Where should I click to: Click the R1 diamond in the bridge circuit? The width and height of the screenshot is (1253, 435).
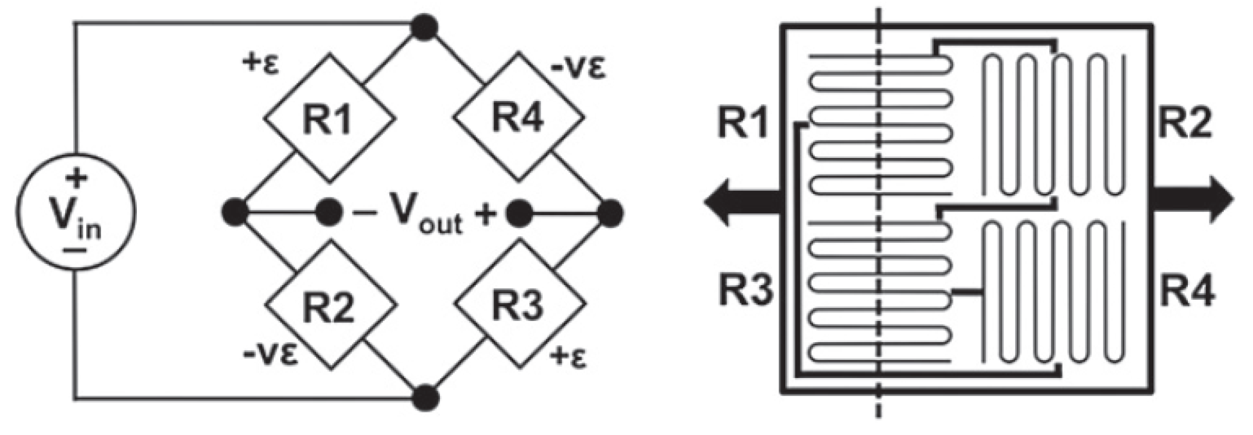click(x=329, y=118)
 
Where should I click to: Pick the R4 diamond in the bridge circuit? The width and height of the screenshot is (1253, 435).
click(x=519, y=118)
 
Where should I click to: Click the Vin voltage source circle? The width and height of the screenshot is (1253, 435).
click(x=76, y=211)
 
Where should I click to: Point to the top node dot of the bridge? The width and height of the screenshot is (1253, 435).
click(x=423, y=28)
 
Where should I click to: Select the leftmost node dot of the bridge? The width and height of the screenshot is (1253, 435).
click(x=235, y=212)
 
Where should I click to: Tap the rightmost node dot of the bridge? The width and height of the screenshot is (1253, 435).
click(x=610, y=212)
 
